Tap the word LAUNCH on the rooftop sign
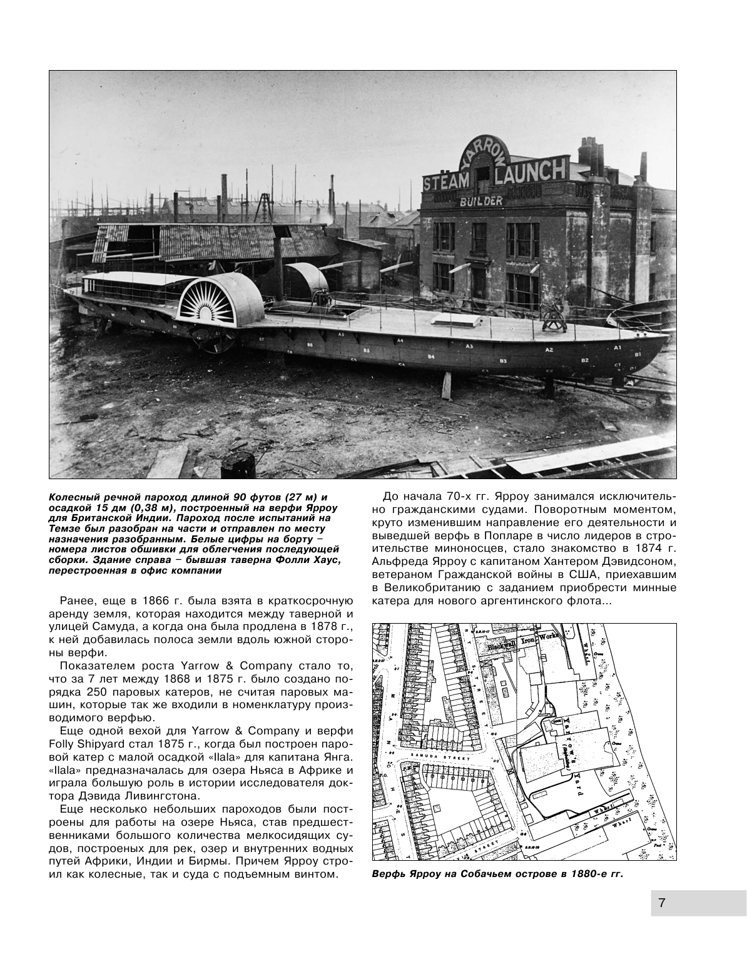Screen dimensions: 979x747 click(531, 170)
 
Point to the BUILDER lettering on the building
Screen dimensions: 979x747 click(481, 201)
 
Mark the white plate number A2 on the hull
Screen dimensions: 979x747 click(549, 350)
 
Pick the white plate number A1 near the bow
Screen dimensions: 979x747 click(618, 347)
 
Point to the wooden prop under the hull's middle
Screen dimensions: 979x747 click(447, 386)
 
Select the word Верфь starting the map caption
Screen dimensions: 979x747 click(389, 874)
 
